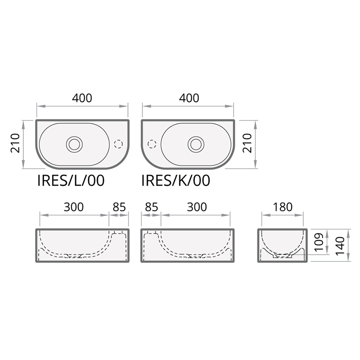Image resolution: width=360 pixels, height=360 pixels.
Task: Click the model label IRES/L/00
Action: (71, 180)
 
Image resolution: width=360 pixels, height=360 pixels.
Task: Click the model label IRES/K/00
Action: (175, 180)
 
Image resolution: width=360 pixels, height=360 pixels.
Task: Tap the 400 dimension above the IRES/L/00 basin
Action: (82, 98)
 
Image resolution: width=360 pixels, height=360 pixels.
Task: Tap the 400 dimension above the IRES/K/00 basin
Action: (189, 98)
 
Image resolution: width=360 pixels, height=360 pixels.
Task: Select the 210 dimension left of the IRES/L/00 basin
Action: (16, 143)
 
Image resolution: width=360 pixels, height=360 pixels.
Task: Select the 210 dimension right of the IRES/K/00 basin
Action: (247, 143)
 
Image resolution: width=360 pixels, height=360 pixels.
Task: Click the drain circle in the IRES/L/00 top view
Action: (74, 144)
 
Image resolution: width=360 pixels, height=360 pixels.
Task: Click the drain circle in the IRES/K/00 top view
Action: (196, 144)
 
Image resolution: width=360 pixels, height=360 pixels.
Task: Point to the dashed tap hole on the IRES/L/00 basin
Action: (119, 144)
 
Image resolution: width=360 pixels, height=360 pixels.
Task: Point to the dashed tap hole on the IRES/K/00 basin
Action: (152, 144)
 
